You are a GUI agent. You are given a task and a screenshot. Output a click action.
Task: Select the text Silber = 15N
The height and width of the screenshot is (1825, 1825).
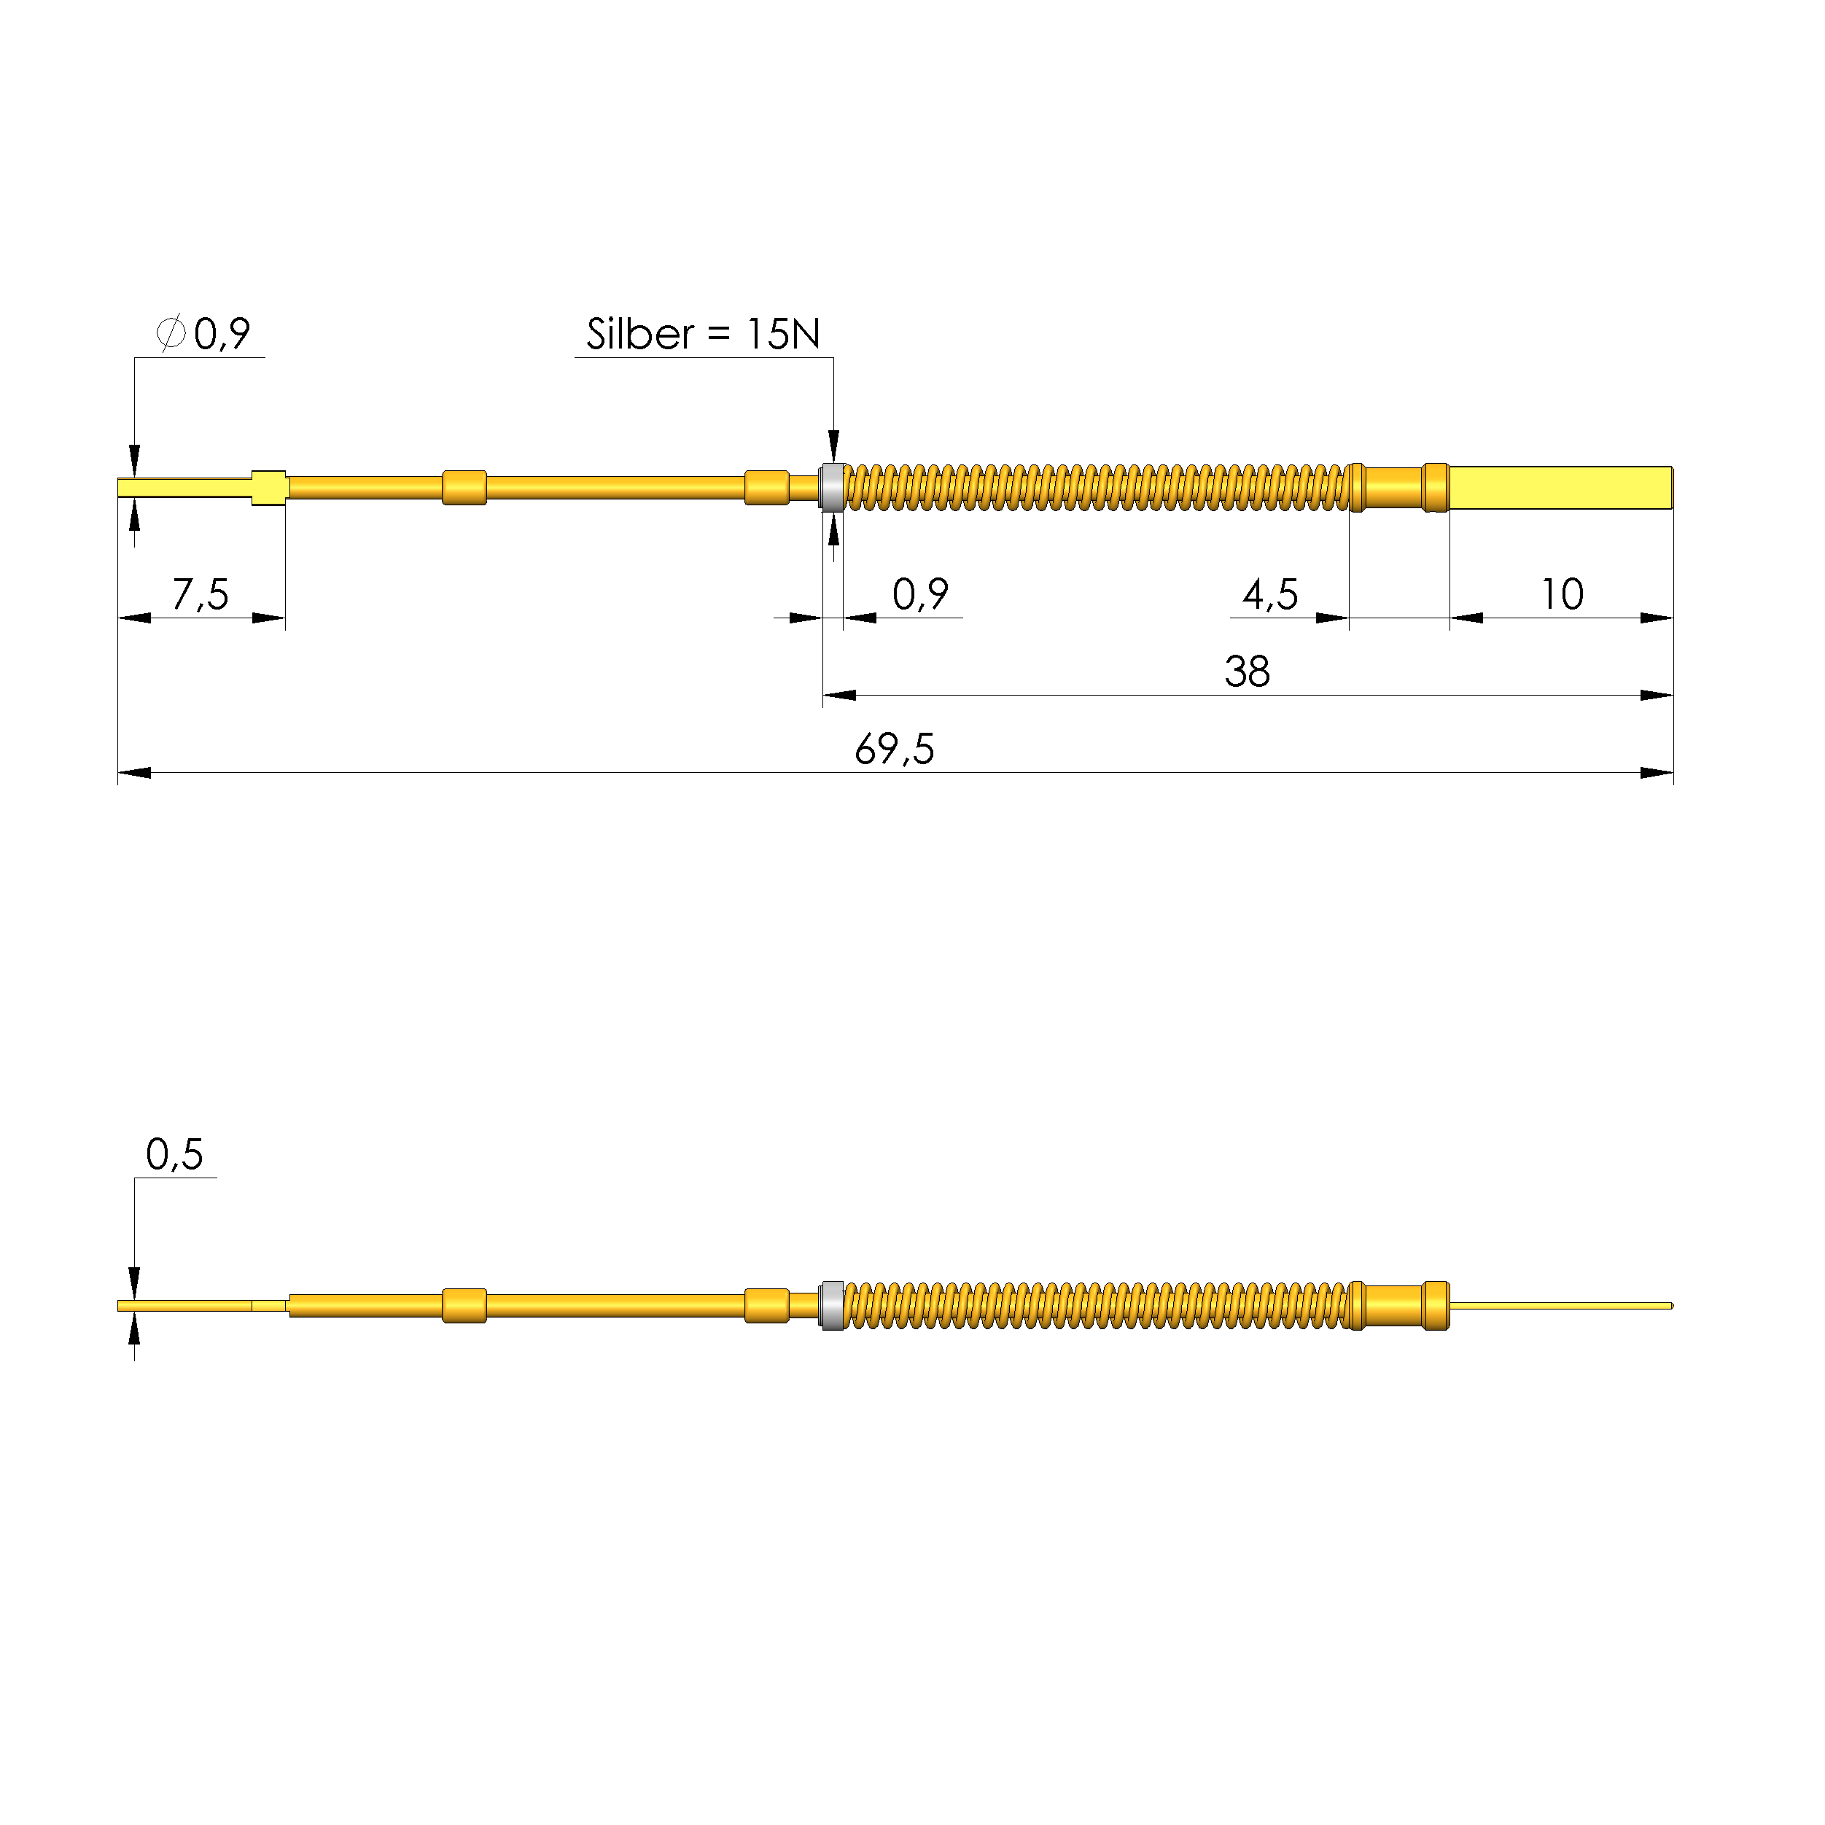point(703,333)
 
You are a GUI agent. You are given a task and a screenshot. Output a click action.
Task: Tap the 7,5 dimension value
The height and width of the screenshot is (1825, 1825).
point(201,594)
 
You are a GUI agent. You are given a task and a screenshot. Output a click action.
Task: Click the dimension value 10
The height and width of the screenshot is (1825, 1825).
point(1562,594)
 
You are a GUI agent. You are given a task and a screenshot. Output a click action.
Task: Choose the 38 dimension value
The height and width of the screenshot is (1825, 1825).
point(1247,672)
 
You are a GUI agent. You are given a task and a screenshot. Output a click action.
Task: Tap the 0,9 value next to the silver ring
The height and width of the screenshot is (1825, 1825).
point(920,594)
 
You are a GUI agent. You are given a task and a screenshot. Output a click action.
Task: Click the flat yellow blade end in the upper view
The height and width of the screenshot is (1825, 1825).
point(1560,488)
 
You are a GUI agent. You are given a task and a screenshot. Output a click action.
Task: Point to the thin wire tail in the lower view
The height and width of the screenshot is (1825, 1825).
point(1560,1305)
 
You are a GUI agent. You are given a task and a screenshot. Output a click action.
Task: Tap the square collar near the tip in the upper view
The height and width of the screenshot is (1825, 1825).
point(269,488)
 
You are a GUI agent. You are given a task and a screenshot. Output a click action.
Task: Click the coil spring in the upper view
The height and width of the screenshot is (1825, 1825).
point(1096,488)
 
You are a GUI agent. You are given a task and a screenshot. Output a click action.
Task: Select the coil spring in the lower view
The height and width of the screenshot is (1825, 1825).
point(1096,1305)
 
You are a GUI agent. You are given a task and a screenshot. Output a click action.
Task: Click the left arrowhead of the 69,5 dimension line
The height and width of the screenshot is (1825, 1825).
point(133,773)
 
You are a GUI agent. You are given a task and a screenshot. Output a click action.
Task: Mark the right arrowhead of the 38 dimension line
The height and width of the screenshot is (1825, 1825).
point(1657,696)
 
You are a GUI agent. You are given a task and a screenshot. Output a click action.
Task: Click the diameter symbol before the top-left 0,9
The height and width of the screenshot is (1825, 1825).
point(171,332)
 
